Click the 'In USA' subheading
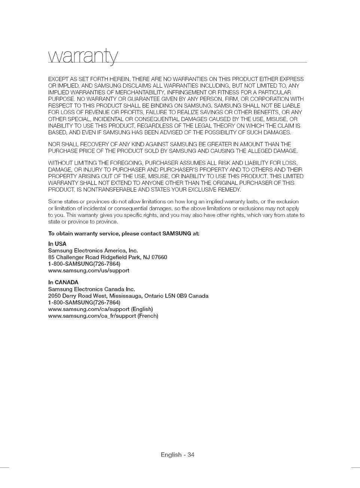click(57, 244)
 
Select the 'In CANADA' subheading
click(63, 282)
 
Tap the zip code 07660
click(159, 257)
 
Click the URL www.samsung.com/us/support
click(89, 271)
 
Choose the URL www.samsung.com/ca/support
click(89, 309)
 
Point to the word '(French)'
click(148, 316)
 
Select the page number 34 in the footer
click(191, 455)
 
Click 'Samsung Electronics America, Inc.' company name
click(93, 251)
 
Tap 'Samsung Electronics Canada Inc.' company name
click(92, 289)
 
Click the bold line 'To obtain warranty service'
click(124, 234)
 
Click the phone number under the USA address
click(84, 264)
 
